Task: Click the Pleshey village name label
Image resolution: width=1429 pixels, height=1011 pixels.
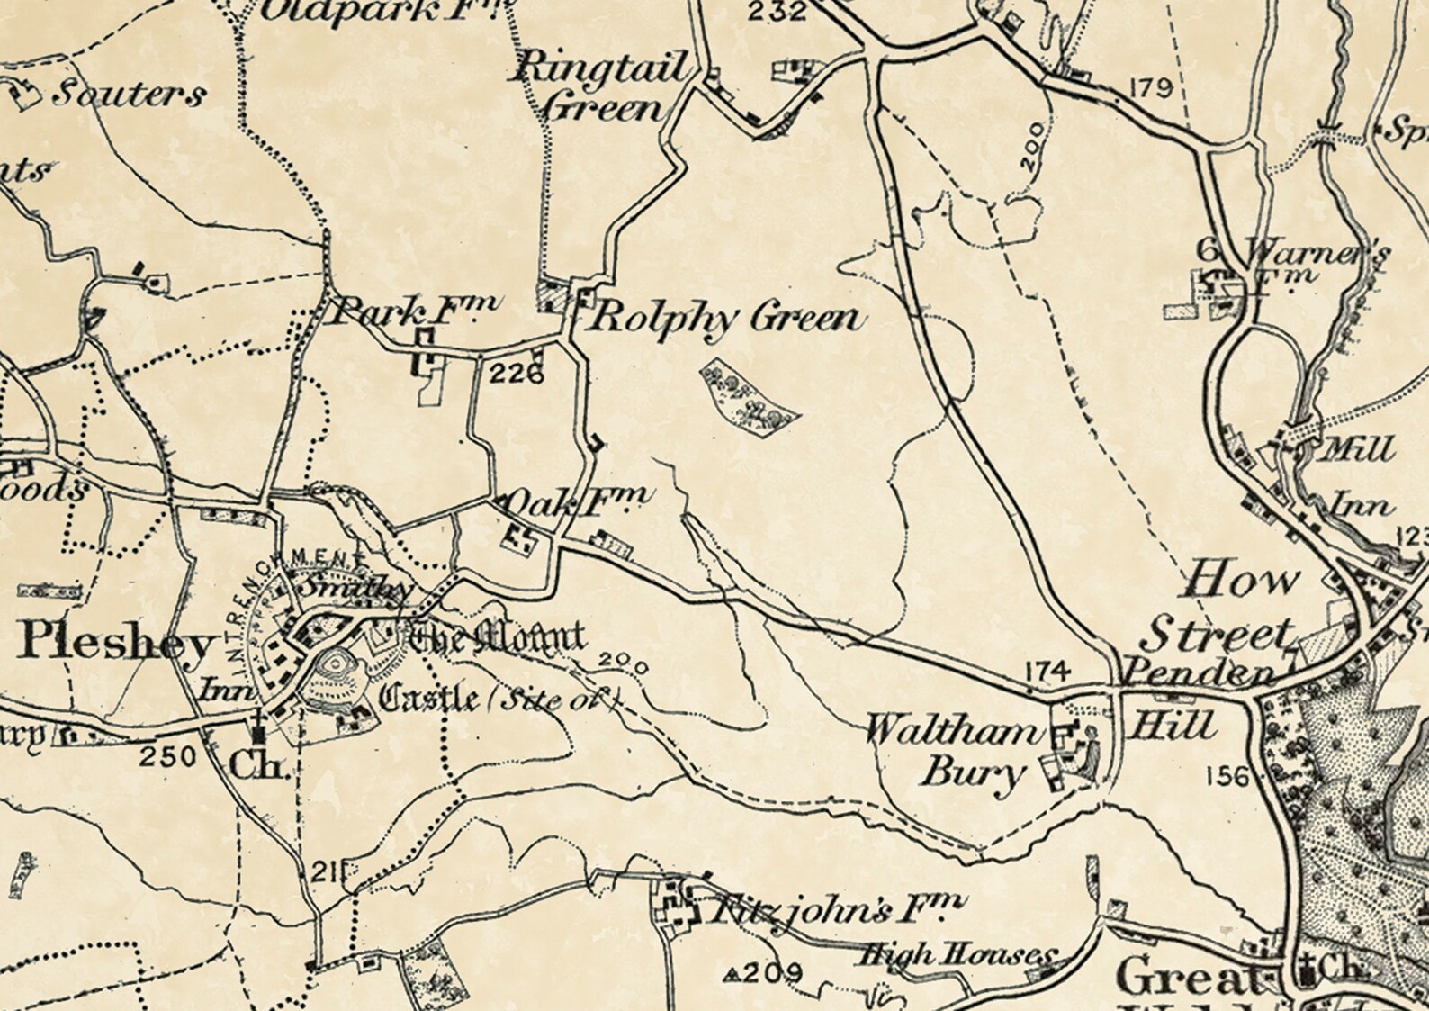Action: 117,642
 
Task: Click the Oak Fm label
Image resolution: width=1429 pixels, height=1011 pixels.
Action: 576,501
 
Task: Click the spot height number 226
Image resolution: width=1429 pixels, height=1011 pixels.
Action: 518,373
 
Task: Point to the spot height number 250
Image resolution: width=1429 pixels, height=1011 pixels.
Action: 168,755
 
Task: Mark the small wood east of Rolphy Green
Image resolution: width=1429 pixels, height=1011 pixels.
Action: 749,397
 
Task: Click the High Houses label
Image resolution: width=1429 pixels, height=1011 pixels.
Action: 954,955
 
